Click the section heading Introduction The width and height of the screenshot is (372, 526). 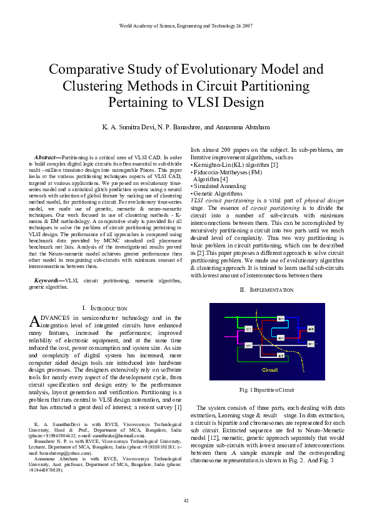coord(106,309)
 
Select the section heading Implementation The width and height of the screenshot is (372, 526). coord(268,290)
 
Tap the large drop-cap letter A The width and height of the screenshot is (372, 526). coord(35,321)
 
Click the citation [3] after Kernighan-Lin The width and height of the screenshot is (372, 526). coord(274,165)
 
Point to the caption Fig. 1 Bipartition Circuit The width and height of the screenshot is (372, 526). coord(267,390)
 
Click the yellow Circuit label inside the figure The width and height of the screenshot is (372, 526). coord(269,370)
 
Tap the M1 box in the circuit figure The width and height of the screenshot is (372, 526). coord(248,329)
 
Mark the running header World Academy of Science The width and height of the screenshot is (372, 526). coord(186,26)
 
